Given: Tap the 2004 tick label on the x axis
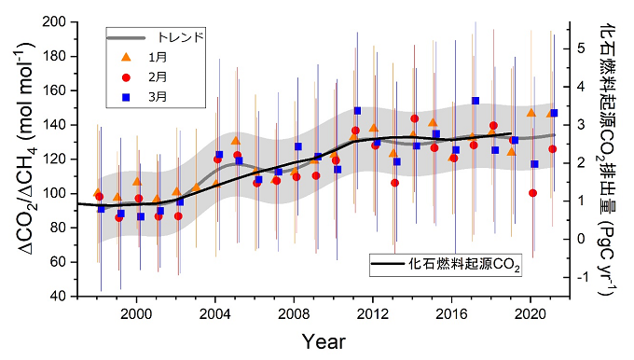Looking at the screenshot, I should pyautogui.click(x=215, y=313).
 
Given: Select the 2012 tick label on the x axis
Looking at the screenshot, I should pyautogui.click(x=373, y=313).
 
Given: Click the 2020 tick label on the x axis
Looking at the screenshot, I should pyautogui.click(x=531, y=313).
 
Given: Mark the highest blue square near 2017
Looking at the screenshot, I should pyautogui.click(x=475, y=101).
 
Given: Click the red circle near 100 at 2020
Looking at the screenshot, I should pyautogui.click(x=532, y=193).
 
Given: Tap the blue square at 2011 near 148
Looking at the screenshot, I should pyautogui.click(x=357, y=111).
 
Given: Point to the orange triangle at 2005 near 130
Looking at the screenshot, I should pyautogui.click(x=236, y=141).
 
